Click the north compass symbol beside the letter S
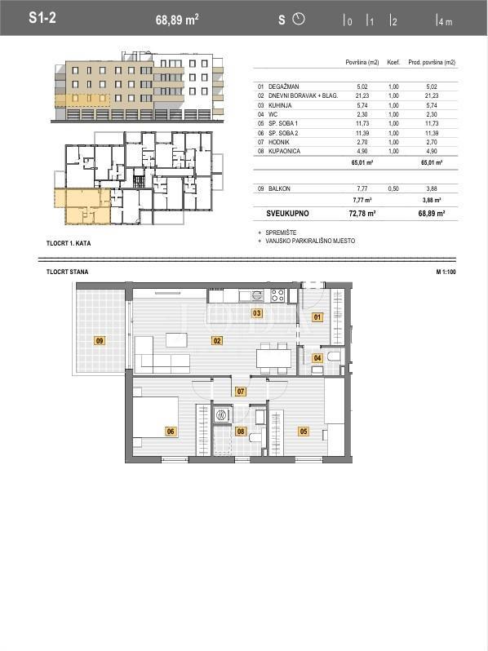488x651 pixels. pos(298,18)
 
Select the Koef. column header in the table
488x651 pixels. pos(392,62)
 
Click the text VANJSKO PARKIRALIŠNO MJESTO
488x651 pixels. pos(309,241)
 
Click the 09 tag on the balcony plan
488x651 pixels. pos(100,340)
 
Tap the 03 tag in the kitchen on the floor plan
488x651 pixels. pos(256,313)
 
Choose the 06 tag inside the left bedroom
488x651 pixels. pos(171,432)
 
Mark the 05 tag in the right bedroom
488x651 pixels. pos(304,432)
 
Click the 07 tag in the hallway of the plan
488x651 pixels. pos(241,392)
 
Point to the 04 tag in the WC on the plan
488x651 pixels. pos(317,357)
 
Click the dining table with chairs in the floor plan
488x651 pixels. pos(273,357)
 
